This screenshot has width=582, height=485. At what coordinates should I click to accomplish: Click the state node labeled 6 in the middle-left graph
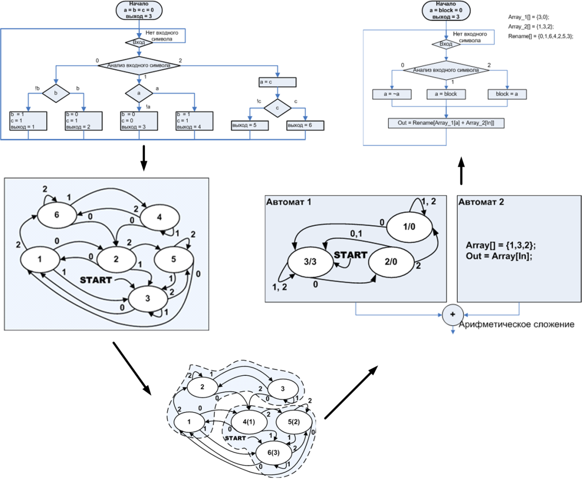[x=56, y=215]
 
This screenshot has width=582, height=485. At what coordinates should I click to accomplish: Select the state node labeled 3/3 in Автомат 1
[x=310, y=262]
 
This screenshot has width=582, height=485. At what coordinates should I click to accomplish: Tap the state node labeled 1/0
[x=409, y=227]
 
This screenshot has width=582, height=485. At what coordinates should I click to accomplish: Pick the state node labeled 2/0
[x=391, y=262]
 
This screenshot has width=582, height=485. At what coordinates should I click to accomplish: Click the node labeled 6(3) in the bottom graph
[x=273, y=453]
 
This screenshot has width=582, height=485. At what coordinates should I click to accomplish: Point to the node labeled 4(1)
[x=249, y=422]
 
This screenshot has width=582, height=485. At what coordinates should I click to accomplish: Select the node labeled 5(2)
[x=294, y=422]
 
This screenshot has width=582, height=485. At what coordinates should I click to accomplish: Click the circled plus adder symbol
[x=453, y=314]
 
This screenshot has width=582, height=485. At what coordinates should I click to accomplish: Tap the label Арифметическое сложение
[x=516, y=324]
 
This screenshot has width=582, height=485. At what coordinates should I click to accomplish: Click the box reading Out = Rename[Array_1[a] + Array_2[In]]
[x=446, y=123]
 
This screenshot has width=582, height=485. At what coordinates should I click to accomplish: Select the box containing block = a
[x=507, y=94]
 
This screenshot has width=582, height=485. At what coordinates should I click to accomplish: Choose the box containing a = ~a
[x=392, y=94]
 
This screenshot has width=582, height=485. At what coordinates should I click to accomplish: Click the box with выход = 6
[x=305, y=125]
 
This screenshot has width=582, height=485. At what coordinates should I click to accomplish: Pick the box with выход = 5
[x=250, y=125]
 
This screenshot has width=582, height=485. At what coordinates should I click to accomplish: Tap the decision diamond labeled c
[x=277, y=108]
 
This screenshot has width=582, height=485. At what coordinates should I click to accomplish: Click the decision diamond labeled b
[x=56, y=93]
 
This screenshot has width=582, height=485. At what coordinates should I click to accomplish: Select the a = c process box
[x=277, y=82]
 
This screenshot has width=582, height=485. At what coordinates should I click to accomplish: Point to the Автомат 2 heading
[x=481, y=202]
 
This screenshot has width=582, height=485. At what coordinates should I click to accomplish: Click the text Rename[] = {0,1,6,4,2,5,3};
[x=541, y=36]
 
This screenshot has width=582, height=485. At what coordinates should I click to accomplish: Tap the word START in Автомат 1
[x=350, y=255]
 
